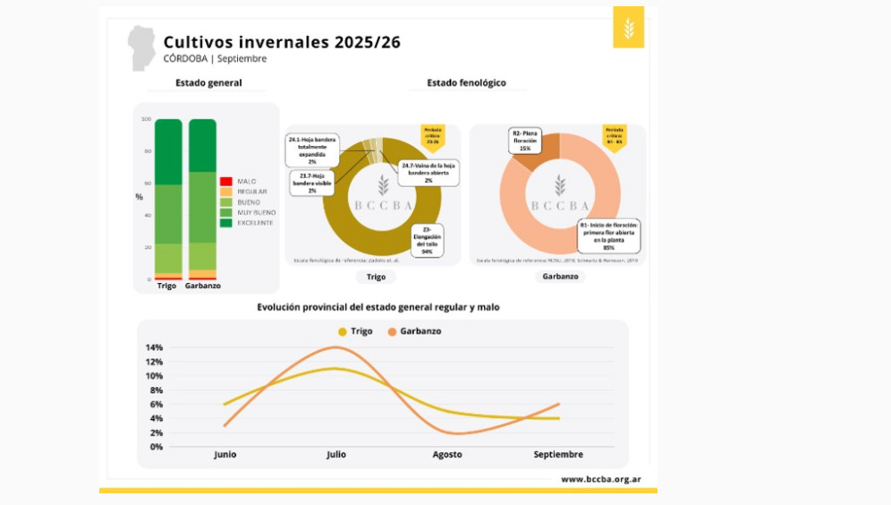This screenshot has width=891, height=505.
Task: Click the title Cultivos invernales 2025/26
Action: click(282, 42)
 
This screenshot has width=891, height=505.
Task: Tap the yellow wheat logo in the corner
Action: click(628, 28)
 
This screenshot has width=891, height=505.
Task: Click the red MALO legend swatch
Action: click(226, 181)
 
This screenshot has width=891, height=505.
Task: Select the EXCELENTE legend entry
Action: click(256, 222)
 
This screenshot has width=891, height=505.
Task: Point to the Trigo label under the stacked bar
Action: click(166, 286)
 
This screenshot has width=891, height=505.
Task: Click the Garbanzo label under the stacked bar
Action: click(203, 286)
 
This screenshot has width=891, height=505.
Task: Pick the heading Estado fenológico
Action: click(466, 82)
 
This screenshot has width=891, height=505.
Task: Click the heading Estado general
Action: click(208, 83)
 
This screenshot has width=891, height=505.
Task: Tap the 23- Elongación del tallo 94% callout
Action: click(427, 241)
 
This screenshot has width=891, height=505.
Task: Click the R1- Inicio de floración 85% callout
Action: click(608, 235)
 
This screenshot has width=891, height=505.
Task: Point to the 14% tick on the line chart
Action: click(154, 347)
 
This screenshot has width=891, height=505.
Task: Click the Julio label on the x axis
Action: click(335, 455)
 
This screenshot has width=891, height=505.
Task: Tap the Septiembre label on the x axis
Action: click(558, 455)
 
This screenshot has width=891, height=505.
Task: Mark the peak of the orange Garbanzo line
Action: click(336, 347)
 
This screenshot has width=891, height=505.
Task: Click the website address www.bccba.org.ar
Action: click(600, 479)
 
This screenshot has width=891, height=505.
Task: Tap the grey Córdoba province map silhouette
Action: click(140, 47)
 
